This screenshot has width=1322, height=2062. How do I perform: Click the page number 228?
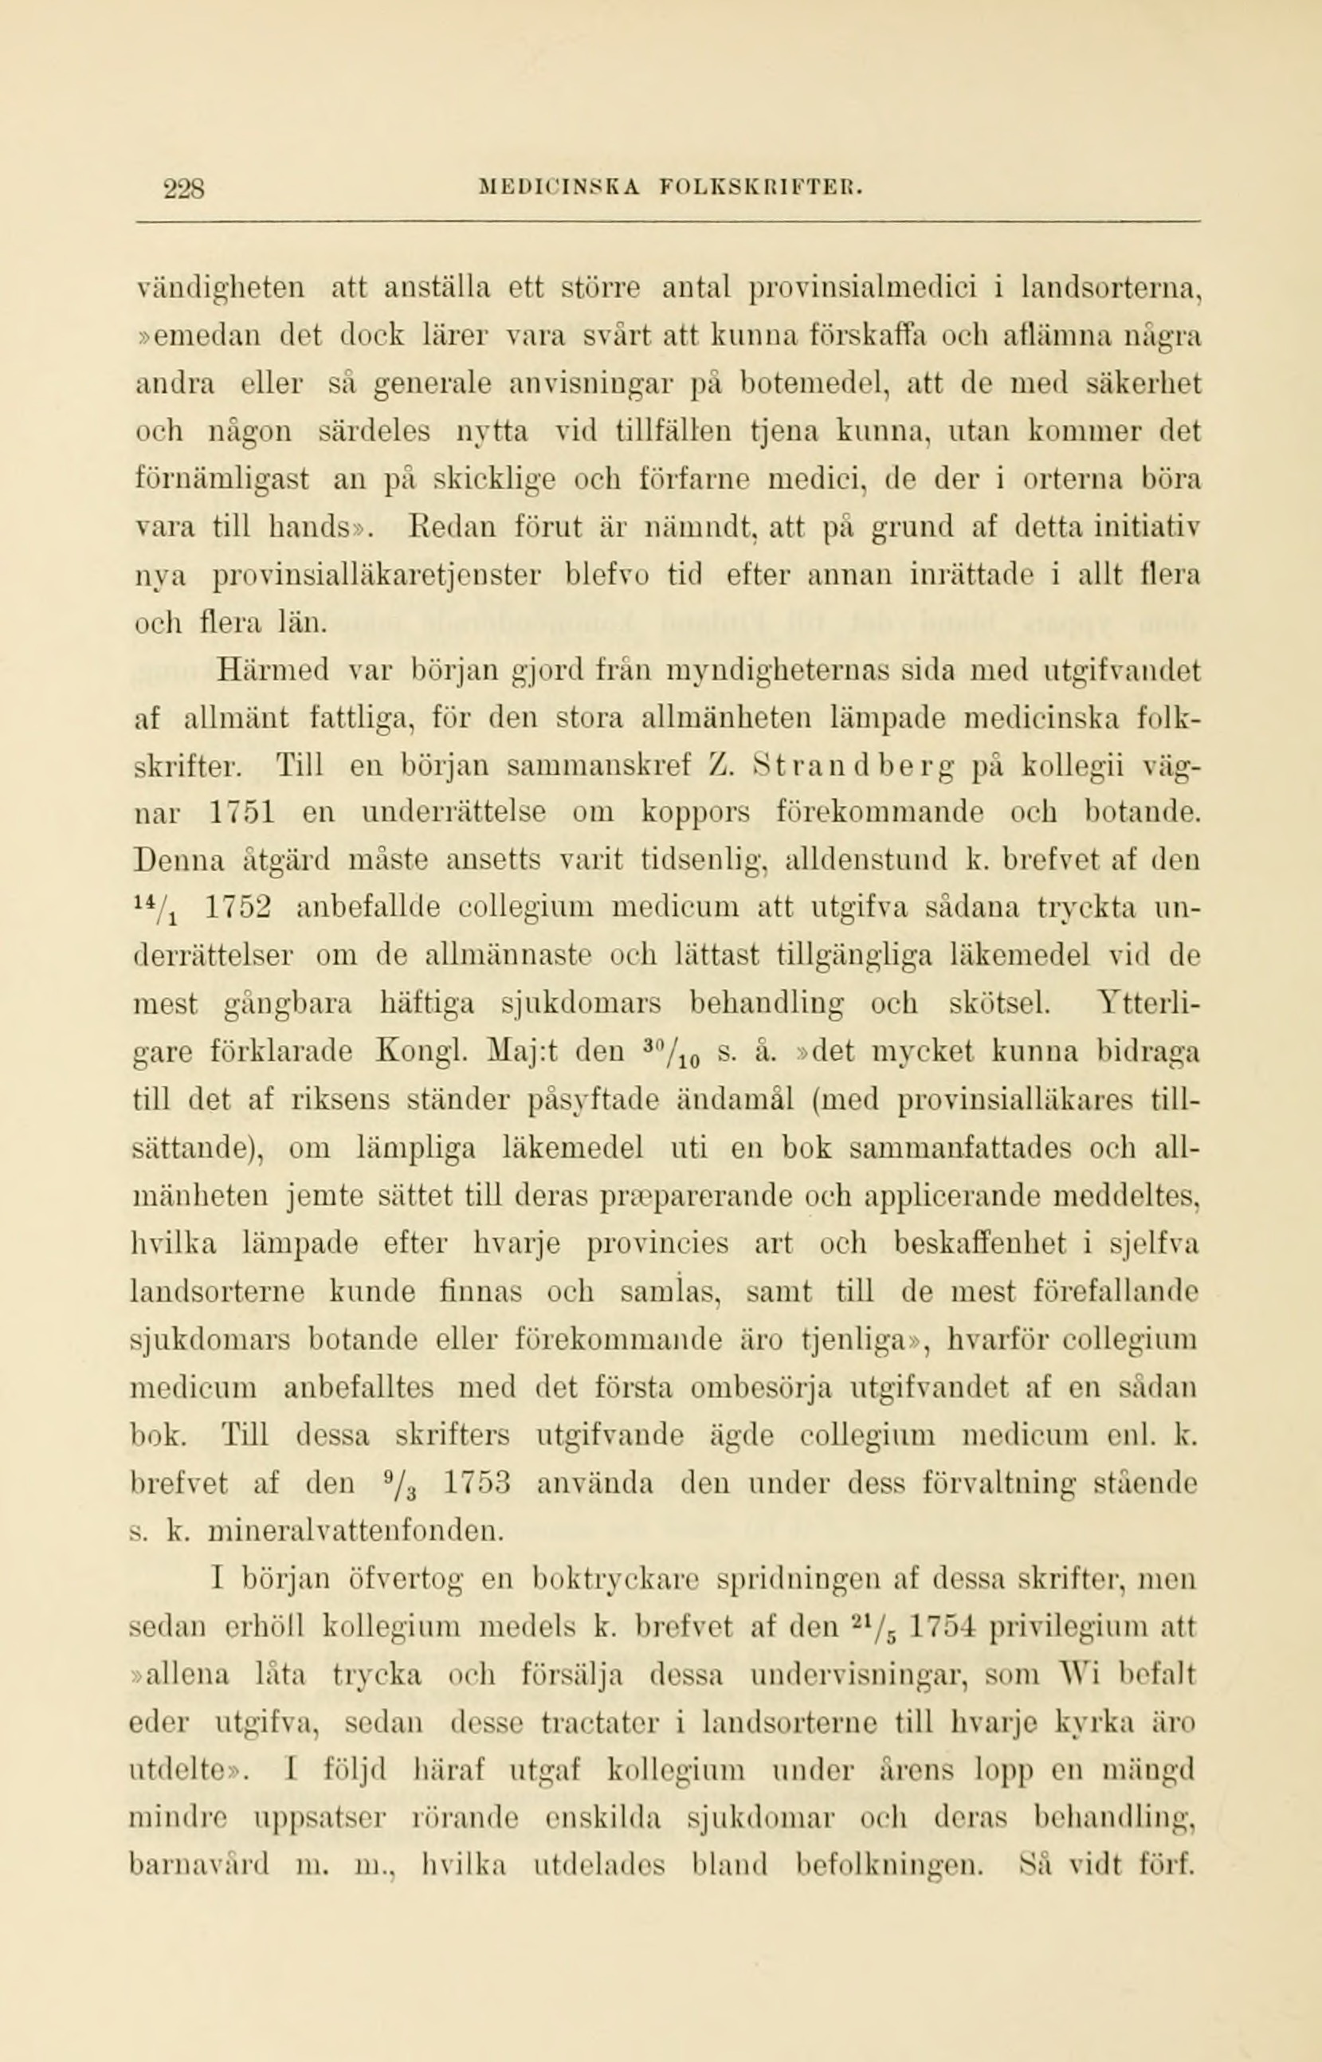coord(184,187)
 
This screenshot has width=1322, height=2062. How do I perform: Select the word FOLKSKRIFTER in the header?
coord(755,187)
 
